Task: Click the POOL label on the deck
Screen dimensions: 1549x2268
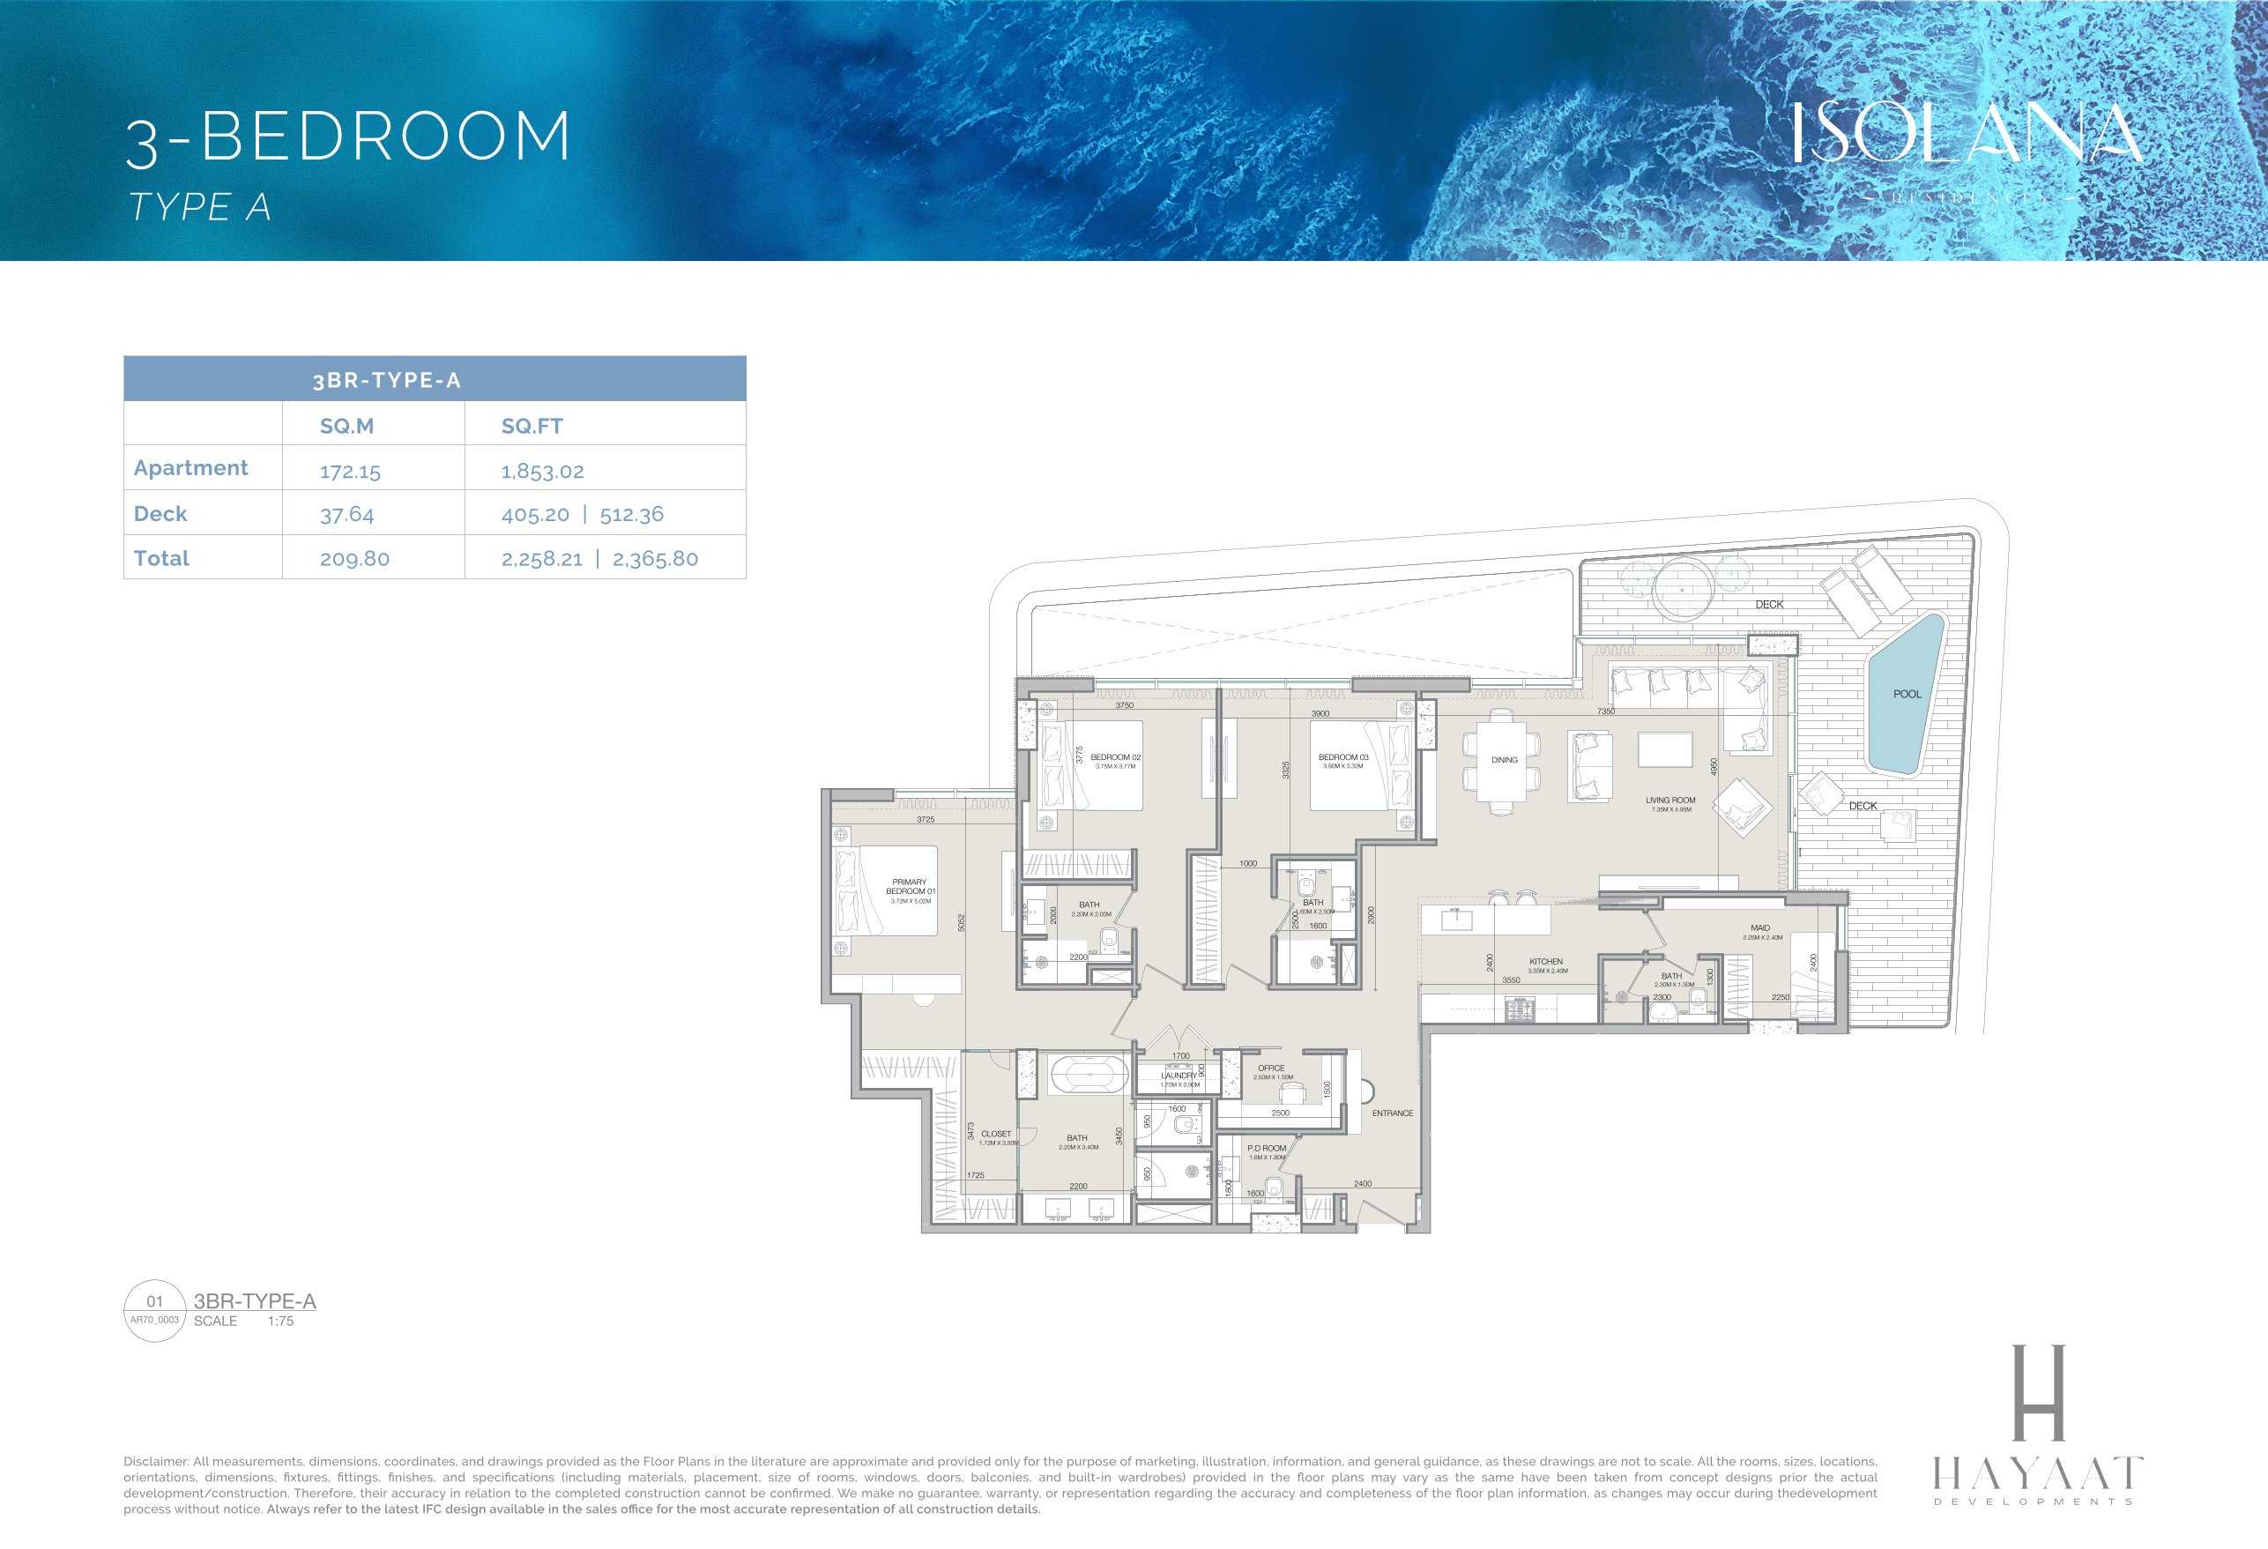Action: (1906, 694)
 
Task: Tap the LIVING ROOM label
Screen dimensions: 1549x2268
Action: (1669, 801)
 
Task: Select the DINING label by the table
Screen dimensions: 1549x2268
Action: (1504, 759)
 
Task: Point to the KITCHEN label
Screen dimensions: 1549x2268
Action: (1546, 962)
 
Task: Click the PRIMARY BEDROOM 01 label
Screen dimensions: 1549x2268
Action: (910, 886)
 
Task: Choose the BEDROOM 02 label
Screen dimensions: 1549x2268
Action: (1115, 757)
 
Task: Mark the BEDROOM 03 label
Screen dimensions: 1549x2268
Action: (1342, 757)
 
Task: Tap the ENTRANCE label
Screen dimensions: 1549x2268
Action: (1392, 1113)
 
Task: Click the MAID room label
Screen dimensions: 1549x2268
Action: (1759, 928)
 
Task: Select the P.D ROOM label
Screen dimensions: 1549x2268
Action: (1266, 1148)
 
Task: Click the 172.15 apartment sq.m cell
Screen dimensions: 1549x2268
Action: (349, 472)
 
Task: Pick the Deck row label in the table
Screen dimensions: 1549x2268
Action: (160, 513)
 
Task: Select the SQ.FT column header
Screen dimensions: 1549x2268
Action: (531, 426)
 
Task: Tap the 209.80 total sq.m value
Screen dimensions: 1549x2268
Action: (354, 559)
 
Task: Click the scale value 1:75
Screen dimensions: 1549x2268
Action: (280, 1321)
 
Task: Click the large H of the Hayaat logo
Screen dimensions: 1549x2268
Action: (2040, 1392)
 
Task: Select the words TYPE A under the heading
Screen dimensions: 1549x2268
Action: (199, 207)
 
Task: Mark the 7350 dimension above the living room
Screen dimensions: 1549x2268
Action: (1605, 711)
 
